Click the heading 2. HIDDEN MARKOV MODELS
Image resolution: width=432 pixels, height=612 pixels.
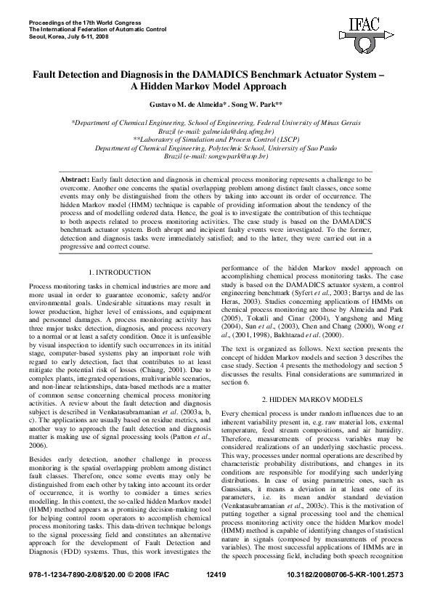(312, 400)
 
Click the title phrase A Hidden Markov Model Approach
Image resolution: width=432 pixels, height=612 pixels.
(216, 86)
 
